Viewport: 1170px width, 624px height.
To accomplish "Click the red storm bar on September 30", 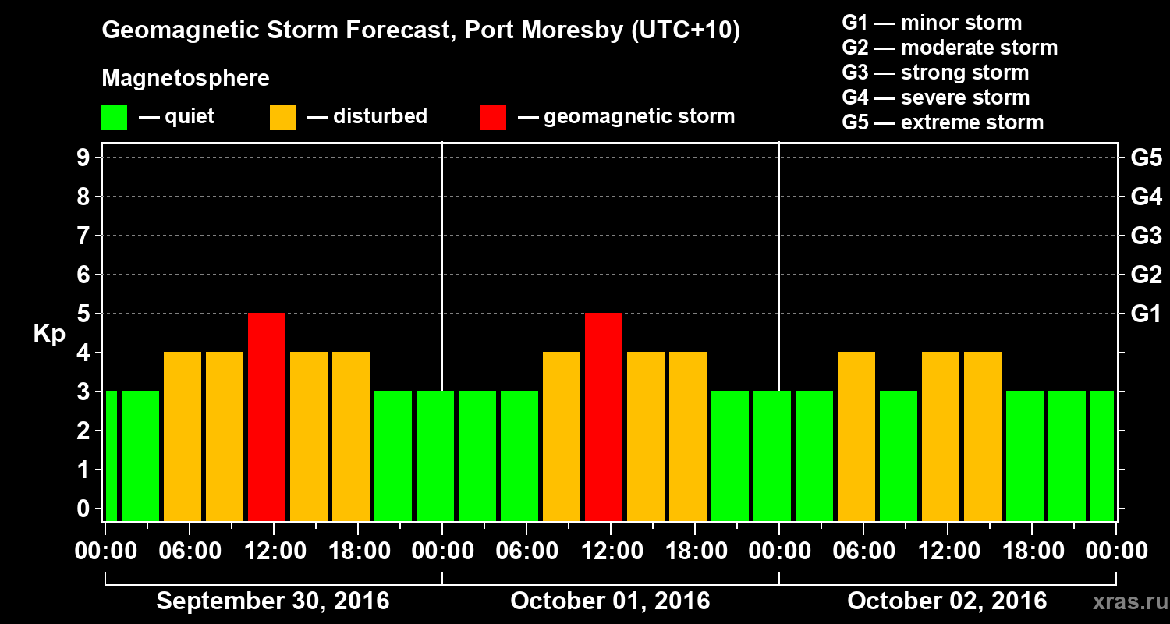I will (267, 417).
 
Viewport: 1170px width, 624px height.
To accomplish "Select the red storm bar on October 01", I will (604, 417).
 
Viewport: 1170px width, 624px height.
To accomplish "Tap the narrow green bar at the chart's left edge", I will (112, 456).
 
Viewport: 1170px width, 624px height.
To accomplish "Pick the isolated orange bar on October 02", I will (856, 436).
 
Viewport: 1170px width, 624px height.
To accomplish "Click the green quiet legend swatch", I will (114, 117).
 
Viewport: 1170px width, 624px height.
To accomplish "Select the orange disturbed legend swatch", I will (282, 117).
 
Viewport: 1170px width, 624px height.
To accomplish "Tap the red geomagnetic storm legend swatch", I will (493, 117).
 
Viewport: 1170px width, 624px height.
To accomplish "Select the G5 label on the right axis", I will (1146, 158).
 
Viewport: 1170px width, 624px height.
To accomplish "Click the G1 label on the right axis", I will (1146, 314).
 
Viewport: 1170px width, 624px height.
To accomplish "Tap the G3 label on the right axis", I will (1146, 236).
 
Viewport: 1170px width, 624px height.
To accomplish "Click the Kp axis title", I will (49, 334).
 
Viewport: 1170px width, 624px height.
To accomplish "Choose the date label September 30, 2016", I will (273, 601).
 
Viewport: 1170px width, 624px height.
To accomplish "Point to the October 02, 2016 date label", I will (947, 601).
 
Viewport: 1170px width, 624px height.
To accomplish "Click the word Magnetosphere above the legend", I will (186, 79).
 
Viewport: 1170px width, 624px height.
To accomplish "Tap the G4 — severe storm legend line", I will (935, 97).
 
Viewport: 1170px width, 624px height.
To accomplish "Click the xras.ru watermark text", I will (1124, 601).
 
